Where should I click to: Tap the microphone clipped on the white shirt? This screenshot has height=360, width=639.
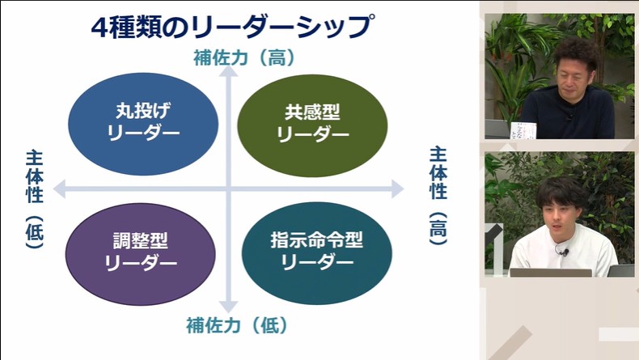[565, 253]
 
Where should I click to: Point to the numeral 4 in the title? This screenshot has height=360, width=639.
[98, 27]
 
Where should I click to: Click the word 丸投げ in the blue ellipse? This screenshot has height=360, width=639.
[143, 111]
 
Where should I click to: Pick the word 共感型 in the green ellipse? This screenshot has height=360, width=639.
[312, 111]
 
